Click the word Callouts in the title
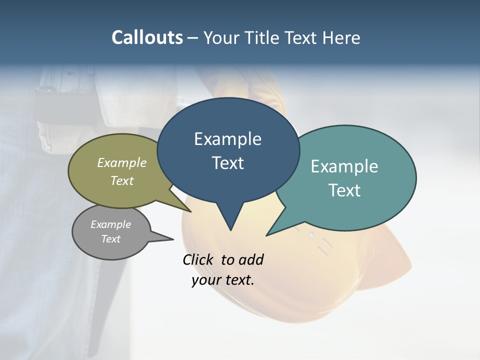pyautogui.click(x=147, y=37)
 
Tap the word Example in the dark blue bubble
pyautogui.click(x=227, y=139)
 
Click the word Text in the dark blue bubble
pyautogui.click(x=227, y=163)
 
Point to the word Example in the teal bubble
pyautogui.click(x=344, y=166)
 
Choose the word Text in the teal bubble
pyautogui.click(x=344, y=190)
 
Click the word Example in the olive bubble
pyautogui.click(x=122, y=162)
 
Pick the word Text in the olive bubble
pyautogui.click(x=122, y=180)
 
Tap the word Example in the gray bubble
pyautogui.click(x=110, y=224)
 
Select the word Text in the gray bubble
pyautogui.click(x=110, y=239)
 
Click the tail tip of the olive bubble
pyautogui.click(x=190, y=211)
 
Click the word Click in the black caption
pyautogui.click(x=199, y=259)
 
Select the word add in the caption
pyautogui.click(x=251, y=259)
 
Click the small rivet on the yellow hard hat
pyautogui.click(x=311, y=235)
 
